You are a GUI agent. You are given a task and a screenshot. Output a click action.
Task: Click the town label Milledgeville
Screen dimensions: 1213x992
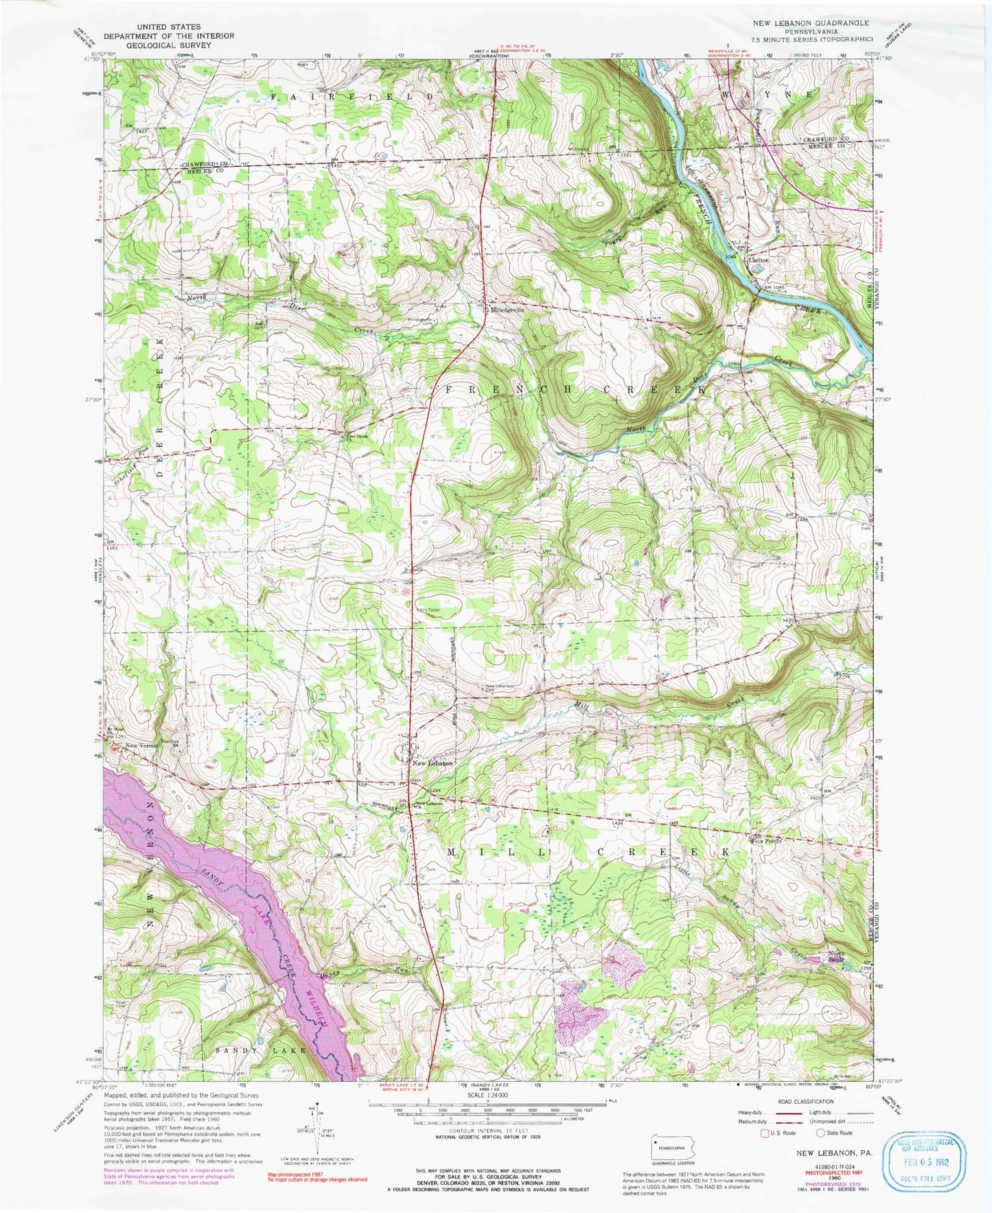[506, 310]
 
